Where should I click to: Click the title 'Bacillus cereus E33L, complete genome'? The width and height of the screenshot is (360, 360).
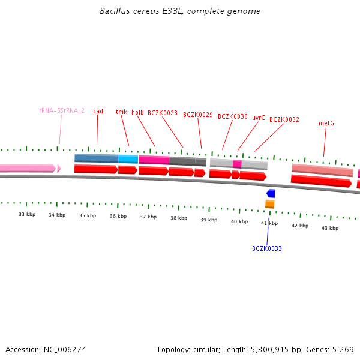(x=180, y=11)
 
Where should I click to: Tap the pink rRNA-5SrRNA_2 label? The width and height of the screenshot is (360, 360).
(x=61, y=111)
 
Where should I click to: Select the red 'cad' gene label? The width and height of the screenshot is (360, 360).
(x=98, y=111)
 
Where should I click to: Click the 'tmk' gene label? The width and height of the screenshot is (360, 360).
(x=121, y=112)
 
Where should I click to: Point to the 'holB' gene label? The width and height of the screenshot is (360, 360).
(x=137, y=112)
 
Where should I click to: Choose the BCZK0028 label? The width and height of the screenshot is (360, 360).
(x=162, y=113)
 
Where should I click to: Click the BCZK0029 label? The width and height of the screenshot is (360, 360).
(x=197, y=115)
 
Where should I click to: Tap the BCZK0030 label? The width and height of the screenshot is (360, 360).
(x=232, y=116)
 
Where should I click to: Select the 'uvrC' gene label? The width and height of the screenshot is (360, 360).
(x=258, y=118)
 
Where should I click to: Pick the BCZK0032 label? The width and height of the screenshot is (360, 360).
(x=284, y=119)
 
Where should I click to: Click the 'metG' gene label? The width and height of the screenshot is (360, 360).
(x=326, y=123)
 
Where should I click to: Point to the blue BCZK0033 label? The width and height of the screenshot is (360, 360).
(x=266, y=248)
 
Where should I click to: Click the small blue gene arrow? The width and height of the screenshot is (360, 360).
(x=271, y=193)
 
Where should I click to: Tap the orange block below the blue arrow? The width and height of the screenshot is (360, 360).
(x=270, y=204)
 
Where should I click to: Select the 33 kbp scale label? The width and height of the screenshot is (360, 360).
(x=26, y=214)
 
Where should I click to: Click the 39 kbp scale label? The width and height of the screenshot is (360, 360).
(x=209, y=220)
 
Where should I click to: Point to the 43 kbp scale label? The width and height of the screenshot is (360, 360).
(x=330, y=228)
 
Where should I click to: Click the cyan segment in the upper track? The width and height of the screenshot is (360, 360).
(x=128, y=159)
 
